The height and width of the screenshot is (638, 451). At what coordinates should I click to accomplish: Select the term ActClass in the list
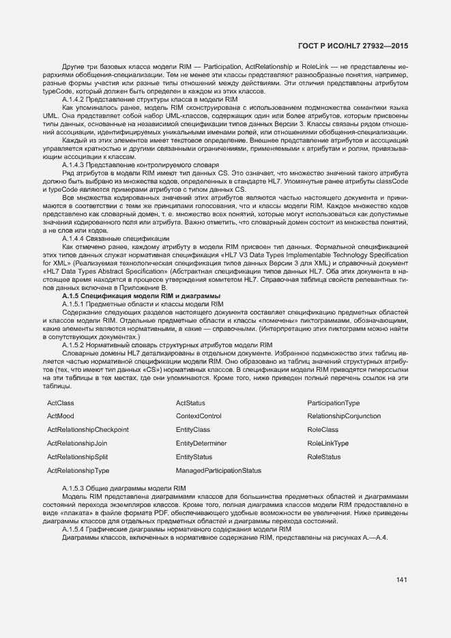click(x=61, y=403)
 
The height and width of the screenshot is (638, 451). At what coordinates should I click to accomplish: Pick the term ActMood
click(x=61, y=416)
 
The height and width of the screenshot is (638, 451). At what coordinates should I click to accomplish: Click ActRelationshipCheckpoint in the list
click(x=87, y=430)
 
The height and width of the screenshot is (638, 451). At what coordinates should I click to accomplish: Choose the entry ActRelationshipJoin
click(x=77, y=444)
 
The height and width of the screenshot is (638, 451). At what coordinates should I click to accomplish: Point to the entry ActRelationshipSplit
click(x=77, y=456)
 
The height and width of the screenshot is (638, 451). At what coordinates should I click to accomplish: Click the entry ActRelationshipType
click(x=78, y=470)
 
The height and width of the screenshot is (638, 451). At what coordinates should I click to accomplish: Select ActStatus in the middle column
click(x=190, y=403)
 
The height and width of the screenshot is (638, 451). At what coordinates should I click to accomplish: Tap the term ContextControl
click(x=199, y=416)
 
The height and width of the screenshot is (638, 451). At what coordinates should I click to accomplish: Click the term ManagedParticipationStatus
click(x=218, y=470)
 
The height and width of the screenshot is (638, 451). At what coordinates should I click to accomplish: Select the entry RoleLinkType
click(x=328, y=444)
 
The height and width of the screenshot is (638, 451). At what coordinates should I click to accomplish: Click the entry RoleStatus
click(x=323, y=456)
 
